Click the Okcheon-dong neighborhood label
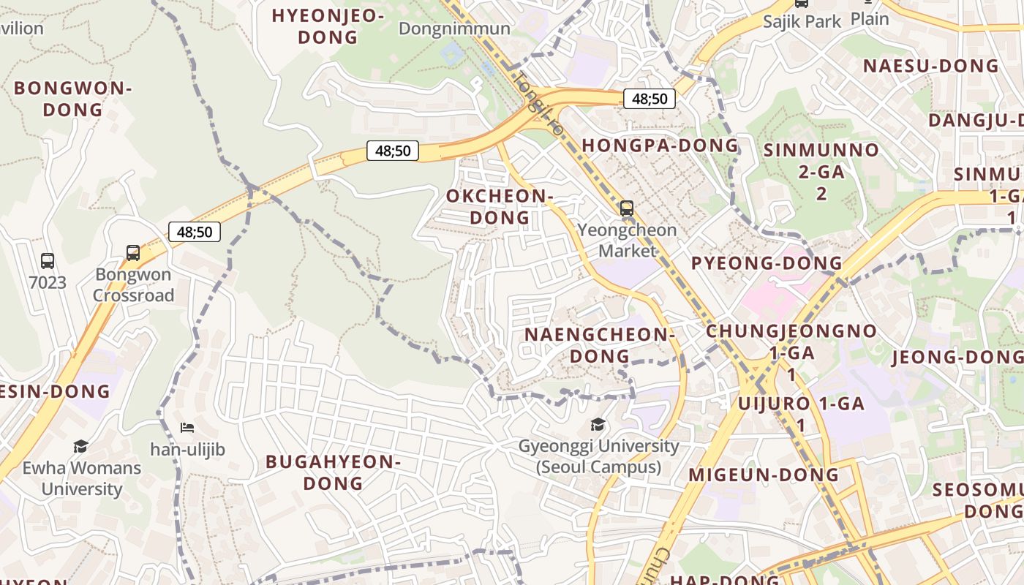click(499, 206)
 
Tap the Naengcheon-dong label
click(599, 345)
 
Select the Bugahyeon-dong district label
click(333, 472)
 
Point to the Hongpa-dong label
click(660, 145)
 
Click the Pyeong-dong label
click(767, 263)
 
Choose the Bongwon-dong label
click(72, 99)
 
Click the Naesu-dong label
click(930, 66)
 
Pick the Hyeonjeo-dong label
click(328, 26)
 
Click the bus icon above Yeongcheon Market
click(627, 208)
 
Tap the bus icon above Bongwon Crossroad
click(133, 253)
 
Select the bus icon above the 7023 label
click(48, 260)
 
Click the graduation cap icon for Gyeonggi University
click(598, 425)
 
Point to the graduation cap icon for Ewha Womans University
click(80, 446)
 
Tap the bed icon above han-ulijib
click(187, 428)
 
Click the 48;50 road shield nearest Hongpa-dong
click(649, 98)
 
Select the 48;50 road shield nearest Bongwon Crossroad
click(195, 232)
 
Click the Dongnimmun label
click(454, 29)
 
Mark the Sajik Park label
click(802, 21)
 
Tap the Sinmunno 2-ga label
click(821, 171)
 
